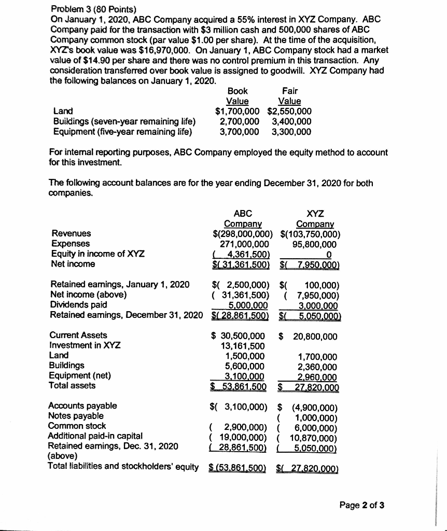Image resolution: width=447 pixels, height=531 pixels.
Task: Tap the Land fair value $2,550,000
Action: [x=289, y=110]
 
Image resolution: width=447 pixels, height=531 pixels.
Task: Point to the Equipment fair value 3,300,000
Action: [x=291, y=131]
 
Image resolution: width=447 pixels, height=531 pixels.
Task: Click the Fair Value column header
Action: [x=289, y=96]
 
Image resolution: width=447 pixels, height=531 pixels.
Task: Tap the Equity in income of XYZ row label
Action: [x=97, y=254]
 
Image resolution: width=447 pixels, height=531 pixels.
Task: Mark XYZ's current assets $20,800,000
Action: [x=308, y=336]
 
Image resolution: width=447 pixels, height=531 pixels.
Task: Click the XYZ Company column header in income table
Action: [x=315, y=218]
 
